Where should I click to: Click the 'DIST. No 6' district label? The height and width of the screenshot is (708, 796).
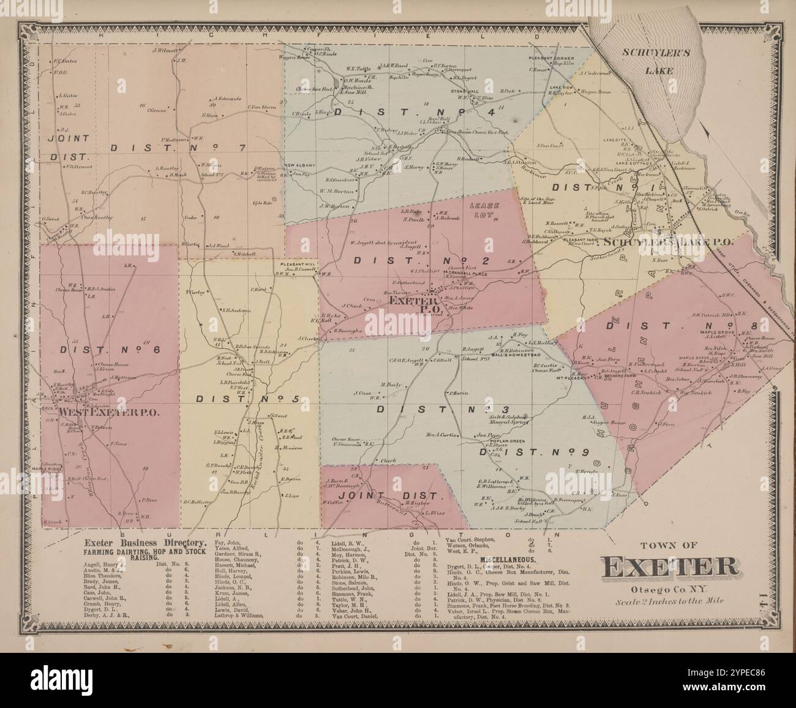[111, 350]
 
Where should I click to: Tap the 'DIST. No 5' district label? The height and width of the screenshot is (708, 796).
[248, 399]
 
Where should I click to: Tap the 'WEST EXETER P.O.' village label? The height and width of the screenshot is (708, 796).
[109, 412]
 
